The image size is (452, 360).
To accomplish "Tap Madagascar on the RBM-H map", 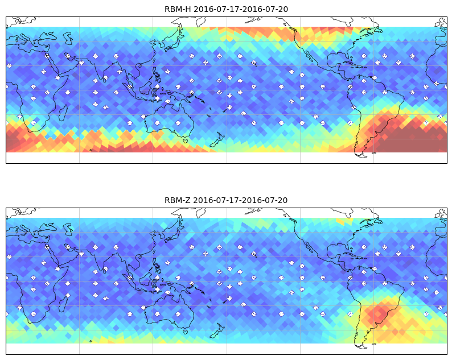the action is point(63,113).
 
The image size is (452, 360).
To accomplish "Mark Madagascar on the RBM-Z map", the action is point(63,304).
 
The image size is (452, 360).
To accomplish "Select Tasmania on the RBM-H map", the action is point(185,141).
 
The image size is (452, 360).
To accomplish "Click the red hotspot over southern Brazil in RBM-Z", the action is point(380,312).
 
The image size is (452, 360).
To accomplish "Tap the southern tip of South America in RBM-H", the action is point(362,156).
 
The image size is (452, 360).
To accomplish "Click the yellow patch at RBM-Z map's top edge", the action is point(344,221).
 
